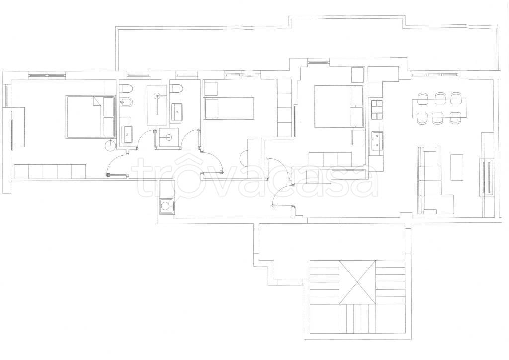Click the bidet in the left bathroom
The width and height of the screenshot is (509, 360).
(125, 102)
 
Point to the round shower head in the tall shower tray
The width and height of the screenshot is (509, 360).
(158, 96)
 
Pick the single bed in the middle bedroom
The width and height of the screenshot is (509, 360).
(229, 108)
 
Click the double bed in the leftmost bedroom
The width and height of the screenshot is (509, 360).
(90, 117)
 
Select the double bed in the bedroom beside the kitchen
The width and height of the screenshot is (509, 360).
(339, 106)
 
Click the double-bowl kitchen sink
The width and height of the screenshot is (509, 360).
(377, 141)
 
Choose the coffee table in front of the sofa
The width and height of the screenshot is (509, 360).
(456, 168)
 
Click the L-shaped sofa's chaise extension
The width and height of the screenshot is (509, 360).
(435, 204)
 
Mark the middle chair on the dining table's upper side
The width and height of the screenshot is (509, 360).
(440, 98)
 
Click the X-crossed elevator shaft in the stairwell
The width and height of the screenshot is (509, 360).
(357, 282)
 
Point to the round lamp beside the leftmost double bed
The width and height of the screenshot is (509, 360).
(111, 145)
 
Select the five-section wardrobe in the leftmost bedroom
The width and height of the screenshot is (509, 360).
(50, 171)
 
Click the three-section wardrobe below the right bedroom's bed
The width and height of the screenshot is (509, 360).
(330, 159)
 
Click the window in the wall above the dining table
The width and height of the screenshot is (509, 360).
(435, 75)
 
